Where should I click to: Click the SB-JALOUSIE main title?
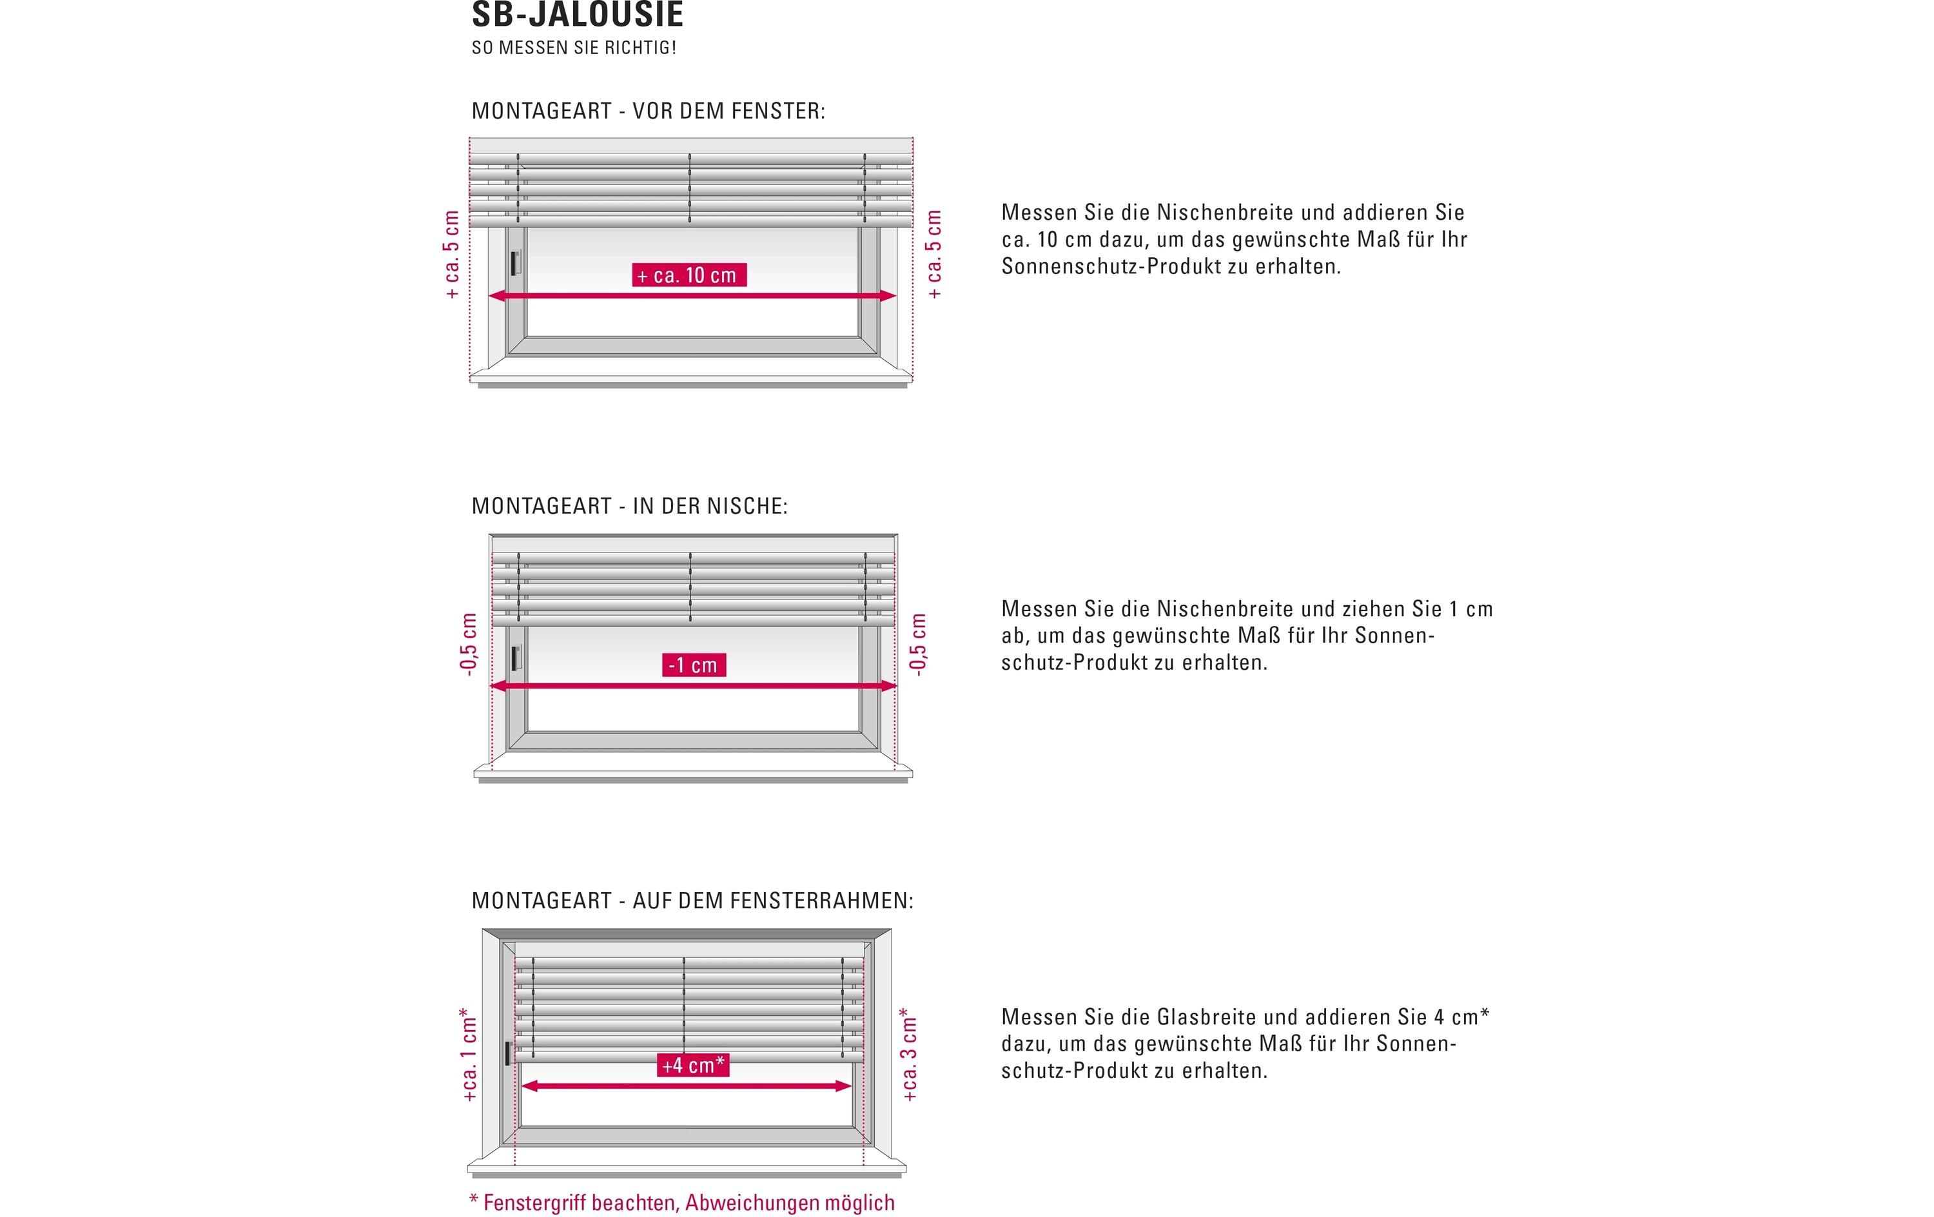[x=578, y=14]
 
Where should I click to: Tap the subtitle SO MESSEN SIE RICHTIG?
[x=574, y=48]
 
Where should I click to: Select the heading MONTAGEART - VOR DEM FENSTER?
[x=648, y=111]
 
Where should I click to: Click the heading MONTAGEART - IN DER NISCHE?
[x=630, y=506]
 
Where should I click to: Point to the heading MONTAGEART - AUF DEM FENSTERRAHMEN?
[x=692, y=901]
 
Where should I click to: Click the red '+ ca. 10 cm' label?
[x=689, y=275]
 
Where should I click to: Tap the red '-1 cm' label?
[x=694, y=665]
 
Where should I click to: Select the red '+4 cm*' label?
[x=693, y=1065]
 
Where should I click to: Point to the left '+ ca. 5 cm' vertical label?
[x=452, y=255]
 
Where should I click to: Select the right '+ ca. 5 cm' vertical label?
[x=934, y=255]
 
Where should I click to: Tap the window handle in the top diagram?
[x=516, y=263]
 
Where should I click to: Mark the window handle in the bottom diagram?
[x=507, y=1053]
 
